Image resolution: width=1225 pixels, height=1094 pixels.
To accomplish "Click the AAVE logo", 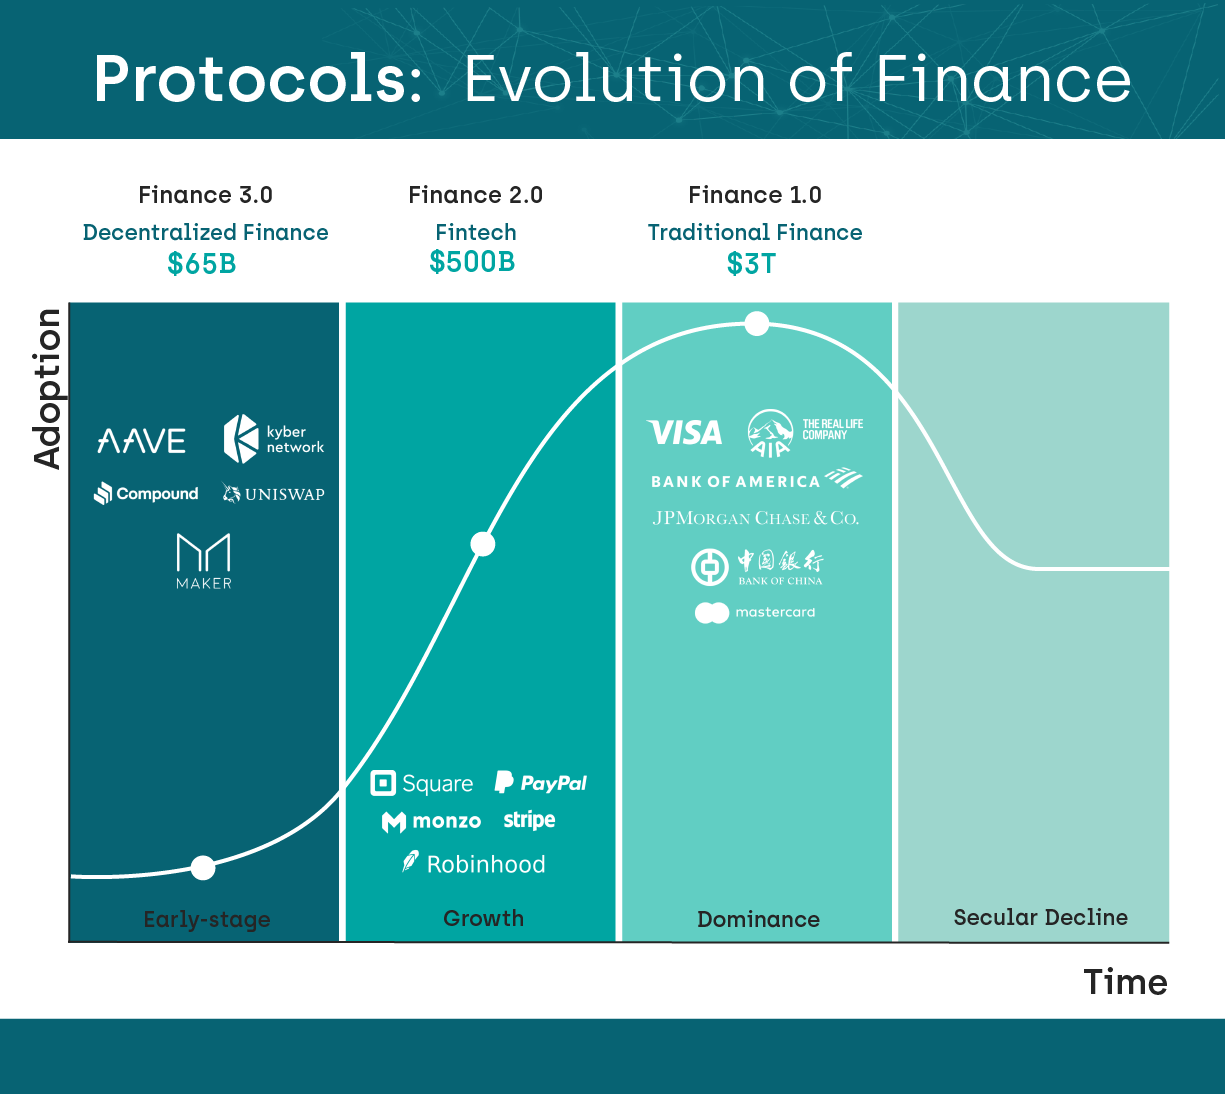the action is point(141,441).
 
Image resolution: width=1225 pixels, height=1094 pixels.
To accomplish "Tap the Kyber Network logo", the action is point(274,439).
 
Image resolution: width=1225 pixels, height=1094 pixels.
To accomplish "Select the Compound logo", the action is point(146,493).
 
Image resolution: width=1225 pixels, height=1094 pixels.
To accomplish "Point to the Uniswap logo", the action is point(273,493).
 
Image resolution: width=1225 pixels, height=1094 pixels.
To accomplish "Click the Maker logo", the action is point(203,561).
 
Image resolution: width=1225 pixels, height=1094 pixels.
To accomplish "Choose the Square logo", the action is point(421,783).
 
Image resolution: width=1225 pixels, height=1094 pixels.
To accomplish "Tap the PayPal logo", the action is point(541,783).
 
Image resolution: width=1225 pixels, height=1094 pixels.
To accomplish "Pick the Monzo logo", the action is point(431,821).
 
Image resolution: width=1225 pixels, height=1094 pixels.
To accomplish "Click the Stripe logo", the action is point(529,820).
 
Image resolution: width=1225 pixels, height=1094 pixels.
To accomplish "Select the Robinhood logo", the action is point(474,864).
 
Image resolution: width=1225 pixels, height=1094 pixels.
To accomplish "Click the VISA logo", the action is point(684,432).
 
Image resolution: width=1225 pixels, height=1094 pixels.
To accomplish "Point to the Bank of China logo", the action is point(757,567).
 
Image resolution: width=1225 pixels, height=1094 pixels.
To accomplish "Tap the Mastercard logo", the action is point(755,613).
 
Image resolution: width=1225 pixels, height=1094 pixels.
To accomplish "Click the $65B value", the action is point(201,264).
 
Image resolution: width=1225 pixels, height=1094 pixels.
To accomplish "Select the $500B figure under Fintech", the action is point(472,262).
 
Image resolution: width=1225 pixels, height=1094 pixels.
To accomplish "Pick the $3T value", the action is point(751,264).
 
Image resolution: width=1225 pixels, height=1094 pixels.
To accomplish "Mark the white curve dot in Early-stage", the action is point(203,868).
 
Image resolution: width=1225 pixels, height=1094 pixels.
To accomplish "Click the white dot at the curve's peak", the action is point(757,324).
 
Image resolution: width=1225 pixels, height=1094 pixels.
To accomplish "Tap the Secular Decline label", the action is point(1041,917).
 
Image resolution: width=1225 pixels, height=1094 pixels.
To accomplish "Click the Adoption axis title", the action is point(47,389).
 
